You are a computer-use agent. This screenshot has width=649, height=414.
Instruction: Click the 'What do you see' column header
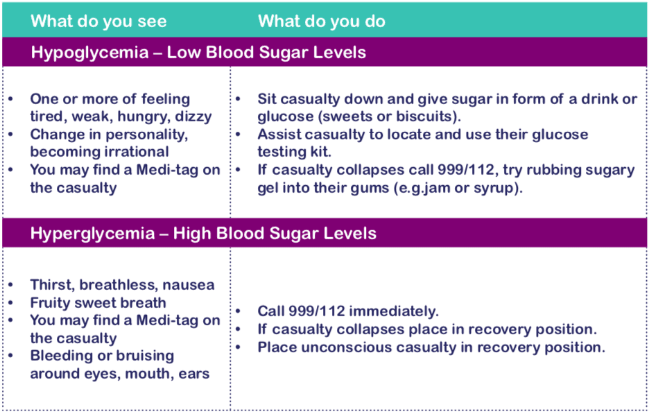pos(98,21)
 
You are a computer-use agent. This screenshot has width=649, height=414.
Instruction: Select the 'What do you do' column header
pos(322,21)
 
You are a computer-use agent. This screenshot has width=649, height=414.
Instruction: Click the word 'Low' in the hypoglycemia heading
pos(186,53)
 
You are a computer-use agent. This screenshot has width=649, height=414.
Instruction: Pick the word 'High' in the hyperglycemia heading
pos(193,233)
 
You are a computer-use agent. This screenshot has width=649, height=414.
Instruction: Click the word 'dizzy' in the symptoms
pos(193,117)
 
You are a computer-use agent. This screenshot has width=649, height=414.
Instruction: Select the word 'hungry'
pos(149,117)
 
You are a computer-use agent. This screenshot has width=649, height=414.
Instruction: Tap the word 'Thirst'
pos(51,285)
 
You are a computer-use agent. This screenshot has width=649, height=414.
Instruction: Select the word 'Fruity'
pos(53,303)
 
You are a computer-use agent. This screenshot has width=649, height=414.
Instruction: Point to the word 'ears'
pos(193,374)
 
